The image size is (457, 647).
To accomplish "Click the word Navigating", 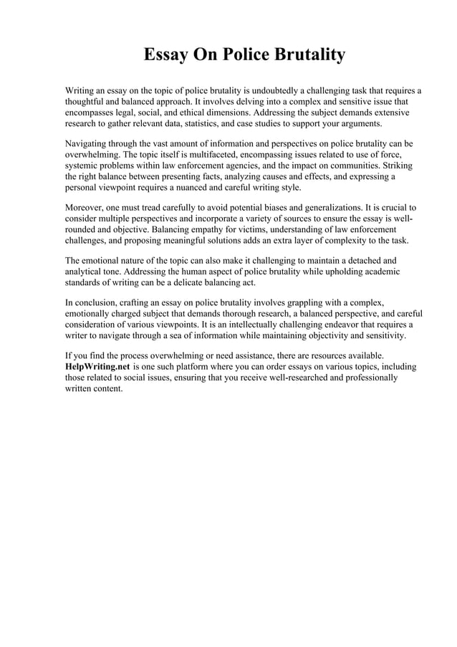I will [89, 143].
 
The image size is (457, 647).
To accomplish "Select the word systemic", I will [82, 166].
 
